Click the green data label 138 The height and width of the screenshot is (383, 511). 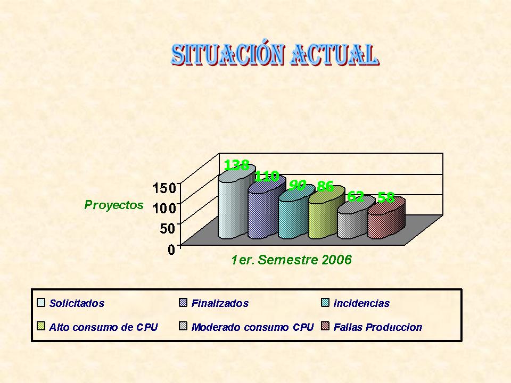[237, 165]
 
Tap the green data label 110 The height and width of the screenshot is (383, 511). [267, 176]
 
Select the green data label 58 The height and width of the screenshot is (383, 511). [386, 198]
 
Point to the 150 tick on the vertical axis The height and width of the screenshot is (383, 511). [165, 188]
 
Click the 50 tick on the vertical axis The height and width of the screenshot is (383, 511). [168, 229]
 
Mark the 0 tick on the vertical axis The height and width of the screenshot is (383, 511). [172, 249]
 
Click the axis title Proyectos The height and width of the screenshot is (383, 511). [114, 205]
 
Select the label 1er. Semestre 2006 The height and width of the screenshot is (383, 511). [291, 260]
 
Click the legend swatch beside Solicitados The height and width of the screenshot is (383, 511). [41, 303]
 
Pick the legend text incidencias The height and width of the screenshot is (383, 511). [361, 303]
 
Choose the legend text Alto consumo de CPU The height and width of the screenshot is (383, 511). [103, 327]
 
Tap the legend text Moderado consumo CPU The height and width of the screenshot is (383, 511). [252, 327]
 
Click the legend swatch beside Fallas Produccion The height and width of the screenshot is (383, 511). [325, 326]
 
